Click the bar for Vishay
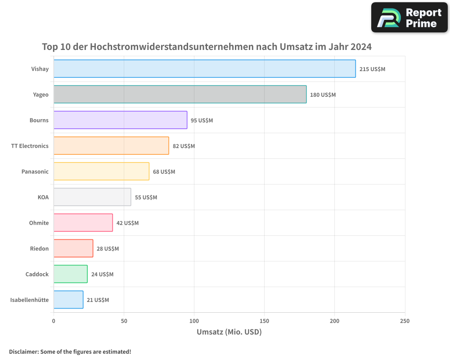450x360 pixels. coord(204,69)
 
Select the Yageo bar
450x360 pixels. coord(180,94)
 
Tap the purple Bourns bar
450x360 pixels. coord(120,120)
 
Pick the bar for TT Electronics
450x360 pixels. coord(111,146)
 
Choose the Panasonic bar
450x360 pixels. coord(101,171)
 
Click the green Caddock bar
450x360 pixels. coord(70,274)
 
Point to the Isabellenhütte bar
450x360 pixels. coord(68,300)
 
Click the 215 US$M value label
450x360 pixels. coord(372,69)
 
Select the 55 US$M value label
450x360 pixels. coord(146,198)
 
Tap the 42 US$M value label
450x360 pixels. coord(127,223)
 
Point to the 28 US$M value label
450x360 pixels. coord(108,249)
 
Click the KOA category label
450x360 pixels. coord(43,197)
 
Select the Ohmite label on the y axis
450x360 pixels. coord(39,223)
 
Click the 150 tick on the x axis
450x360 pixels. coord(264,321)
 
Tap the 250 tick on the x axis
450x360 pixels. coord(405,321)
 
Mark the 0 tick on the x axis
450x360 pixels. coord(54,321)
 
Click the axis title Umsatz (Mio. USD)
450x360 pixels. coord(229,332)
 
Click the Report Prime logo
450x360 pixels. coord(409,18)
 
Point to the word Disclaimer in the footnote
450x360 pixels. coord(23,351)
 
